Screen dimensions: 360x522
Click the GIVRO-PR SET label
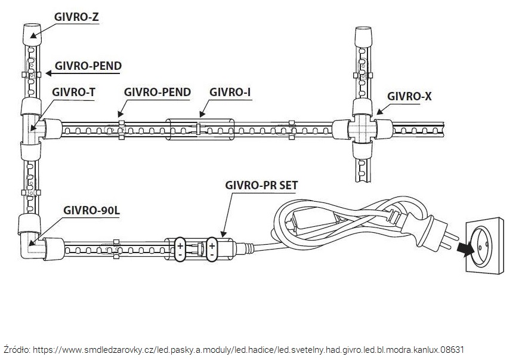[262, 185]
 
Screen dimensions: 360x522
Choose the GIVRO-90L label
[91, 211]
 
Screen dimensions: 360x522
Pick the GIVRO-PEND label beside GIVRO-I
[157, 93]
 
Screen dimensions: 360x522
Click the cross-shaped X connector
[363, 127]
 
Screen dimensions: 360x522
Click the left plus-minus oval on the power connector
[180, 248]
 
